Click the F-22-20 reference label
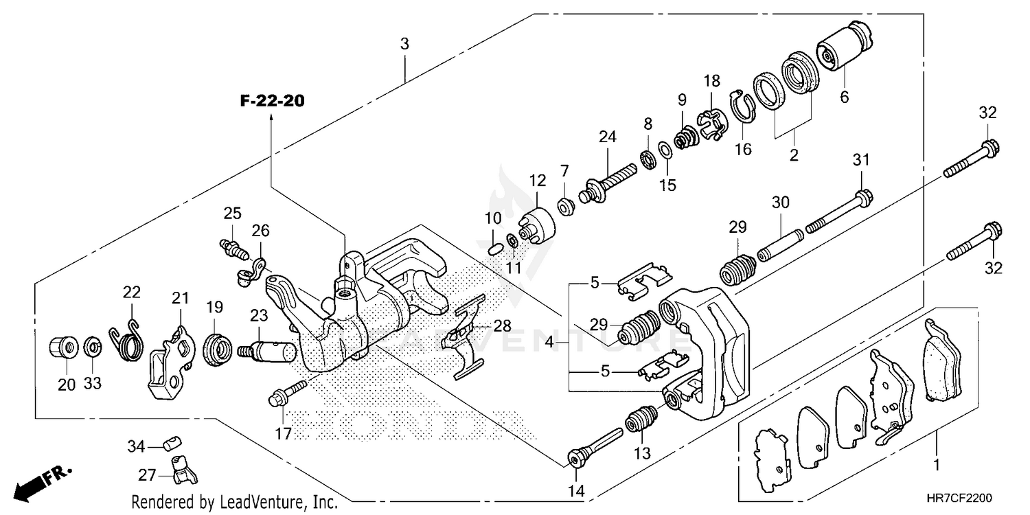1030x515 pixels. click(x=272, y=101)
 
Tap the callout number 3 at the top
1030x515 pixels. click(x=404, y=44)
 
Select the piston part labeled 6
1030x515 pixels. click(x=844, y=46)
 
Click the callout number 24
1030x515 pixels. click(x=607, y=137)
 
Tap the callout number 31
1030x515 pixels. click(x=862, y=161)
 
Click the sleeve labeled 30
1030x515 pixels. click(x=780, y=241)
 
